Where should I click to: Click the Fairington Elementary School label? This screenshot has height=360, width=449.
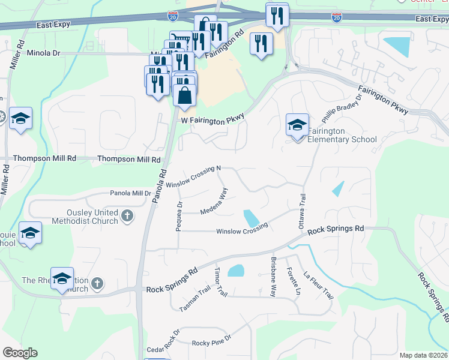pos(342,135)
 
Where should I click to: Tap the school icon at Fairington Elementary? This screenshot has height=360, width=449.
pos(297,126)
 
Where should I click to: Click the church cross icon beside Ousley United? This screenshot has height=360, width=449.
pos(127,216)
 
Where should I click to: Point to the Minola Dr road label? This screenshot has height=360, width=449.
pos(44,53)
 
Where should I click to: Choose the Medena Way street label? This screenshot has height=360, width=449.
pos(214,202)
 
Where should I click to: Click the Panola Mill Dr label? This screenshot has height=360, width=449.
pos(130,193)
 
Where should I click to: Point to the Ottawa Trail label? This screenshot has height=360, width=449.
pos(302,211)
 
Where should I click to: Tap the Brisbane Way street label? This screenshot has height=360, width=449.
pos(273,278)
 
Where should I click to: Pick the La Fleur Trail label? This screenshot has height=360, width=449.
pos(318,284)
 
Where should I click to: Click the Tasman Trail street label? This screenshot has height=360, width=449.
pos(194,299)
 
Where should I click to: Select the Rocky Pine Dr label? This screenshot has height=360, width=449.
pos(211,343)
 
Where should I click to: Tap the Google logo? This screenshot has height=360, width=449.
pos(20,353)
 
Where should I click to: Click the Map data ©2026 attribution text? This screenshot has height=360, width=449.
pos(423,355)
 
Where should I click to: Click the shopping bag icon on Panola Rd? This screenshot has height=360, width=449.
pos(184,95)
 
